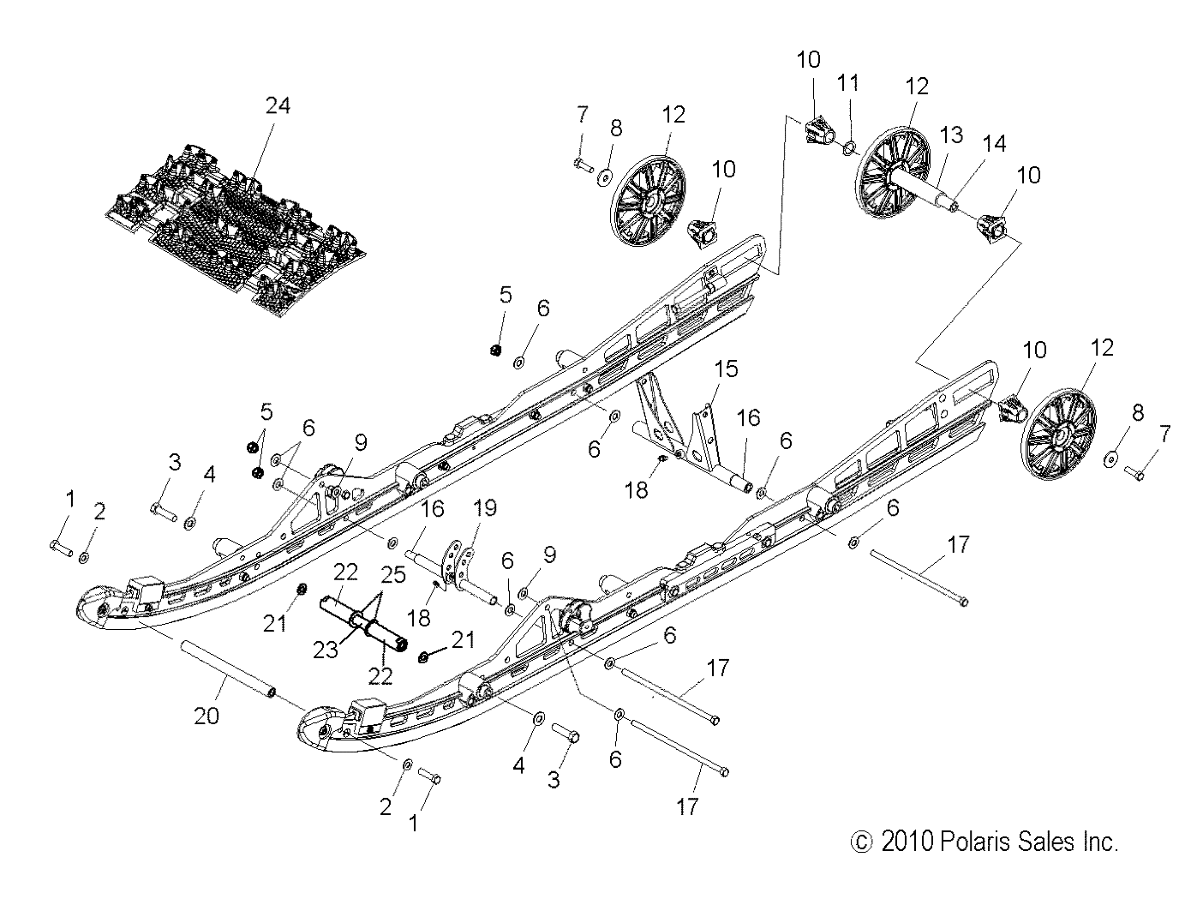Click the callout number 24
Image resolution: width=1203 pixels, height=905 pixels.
[278, 105]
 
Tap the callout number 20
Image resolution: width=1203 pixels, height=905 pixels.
[207, 715]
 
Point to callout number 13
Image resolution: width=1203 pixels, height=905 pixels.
[951, 135]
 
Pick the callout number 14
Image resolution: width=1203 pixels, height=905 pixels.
[994, 144]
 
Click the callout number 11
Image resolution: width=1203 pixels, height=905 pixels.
[848, 83]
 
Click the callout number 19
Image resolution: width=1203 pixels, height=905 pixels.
[485, 508]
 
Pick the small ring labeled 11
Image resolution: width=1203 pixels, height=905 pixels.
[847, 148]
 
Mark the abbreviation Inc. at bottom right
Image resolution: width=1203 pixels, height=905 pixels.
[1098, 842]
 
